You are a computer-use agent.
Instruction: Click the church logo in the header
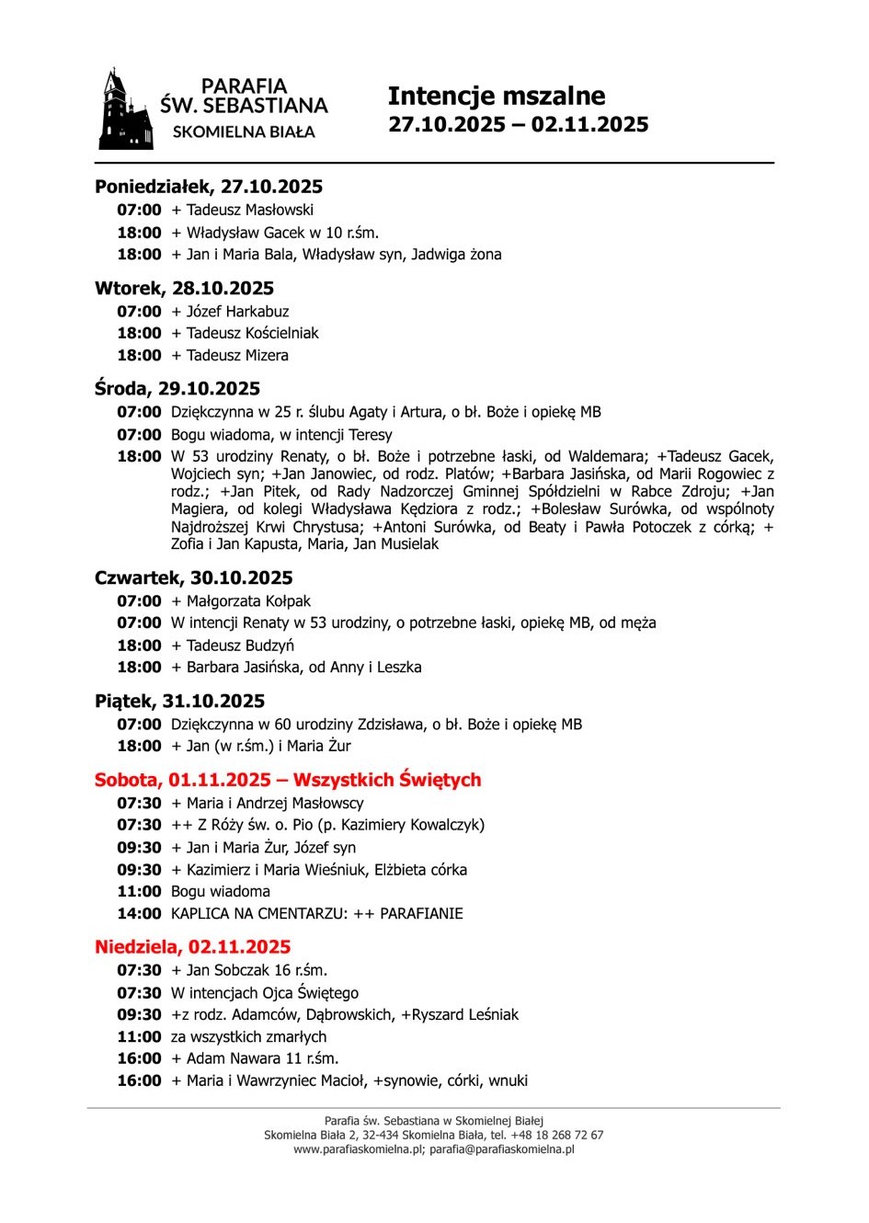tap(124, 109)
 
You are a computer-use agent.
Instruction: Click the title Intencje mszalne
tap(496, 97)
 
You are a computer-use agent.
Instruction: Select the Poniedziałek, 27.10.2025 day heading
tap(209, 188)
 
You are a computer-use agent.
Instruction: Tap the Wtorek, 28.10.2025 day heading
tap(184, 289)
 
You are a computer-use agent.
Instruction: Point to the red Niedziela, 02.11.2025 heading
tap(192, 947)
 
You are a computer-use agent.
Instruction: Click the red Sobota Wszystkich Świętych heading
tap(288, 780)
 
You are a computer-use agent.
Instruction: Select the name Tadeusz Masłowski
tap(250, 211)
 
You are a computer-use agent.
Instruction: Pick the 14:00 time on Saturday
tap(139, 914)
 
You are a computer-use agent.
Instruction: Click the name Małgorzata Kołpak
tap(249, 601)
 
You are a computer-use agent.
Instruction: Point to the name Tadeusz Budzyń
tap(240, 646)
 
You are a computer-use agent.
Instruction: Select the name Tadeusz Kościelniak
tap(252, 334)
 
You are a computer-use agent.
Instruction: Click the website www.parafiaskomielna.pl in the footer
tap(359, 1149)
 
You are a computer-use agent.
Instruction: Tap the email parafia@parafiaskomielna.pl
tap(502, 1149)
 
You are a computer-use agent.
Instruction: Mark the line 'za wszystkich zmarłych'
tap(248, 1037)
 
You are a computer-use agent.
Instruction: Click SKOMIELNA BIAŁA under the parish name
tap(244, 132)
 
